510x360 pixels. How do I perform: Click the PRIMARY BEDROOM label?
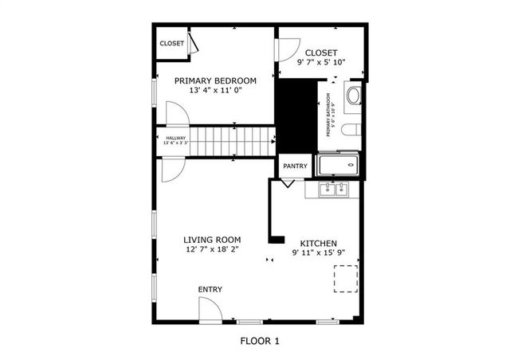pos(215,80)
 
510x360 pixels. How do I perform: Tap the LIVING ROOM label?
pos(212,240)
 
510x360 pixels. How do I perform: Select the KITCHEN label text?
pos(318,244)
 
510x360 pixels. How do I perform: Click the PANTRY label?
pos(294,166)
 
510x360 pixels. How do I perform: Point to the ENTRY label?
pos(210,289)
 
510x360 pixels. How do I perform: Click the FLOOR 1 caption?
pos(260,342)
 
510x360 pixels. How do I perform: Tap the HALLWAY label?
pos(175,139)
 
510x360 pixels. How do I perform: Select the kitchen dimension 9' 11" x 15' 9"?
pos(318,253)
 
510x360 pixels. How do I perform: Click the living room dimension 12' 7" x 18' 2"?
pos(212,249)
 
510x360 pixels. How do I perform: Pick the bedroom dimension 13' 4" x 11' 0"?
pos(215,90)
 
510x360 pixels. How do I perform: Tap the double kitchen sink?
pos(334,190)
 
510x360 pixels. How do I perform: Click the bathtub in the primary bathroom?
pos(339,166)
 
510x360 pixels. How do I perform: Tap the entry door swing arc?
pos(210,310)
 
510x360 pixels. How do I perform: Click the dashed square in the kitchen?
pos(344,280)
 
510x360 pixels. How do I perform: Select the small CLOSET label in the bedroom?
pos(171,44)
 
